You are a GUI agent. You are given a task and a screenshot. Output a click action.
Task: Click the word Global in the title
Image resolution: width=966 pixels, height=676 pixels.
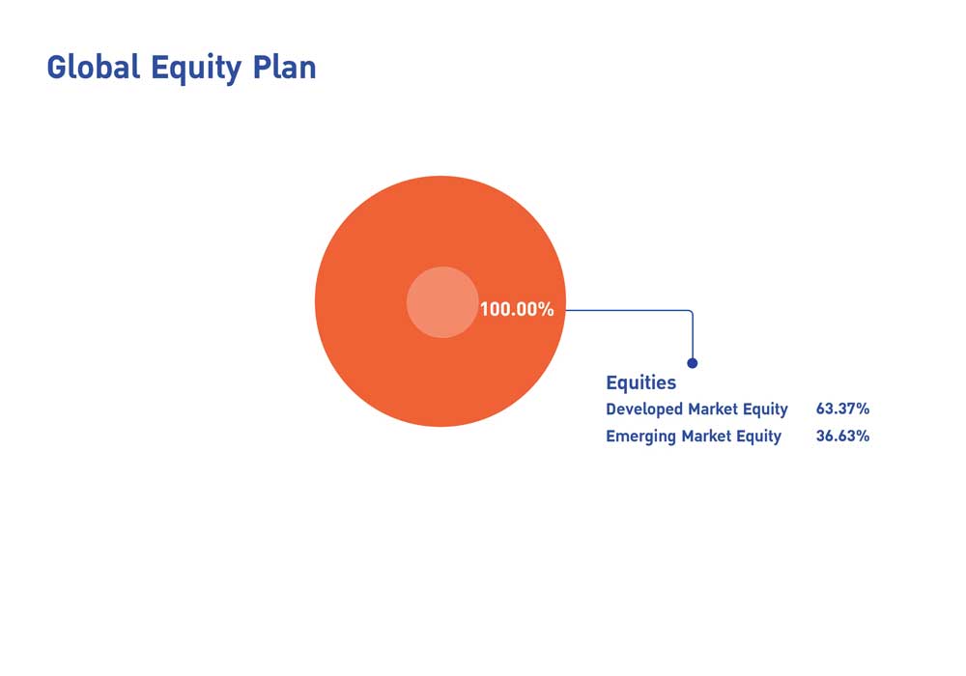(94, 67)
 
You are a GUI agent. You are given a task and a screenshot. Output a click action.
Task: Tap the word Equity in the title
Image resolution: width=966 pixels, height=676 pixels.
(196, 69)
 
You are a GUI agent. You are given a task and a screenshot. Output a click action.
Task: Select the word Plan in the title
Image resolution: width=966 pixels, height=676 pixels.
(284, 67)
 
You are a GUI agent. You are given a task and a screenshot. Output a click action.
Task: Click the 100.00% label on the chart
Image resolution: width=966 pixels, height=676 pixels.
(516, 309)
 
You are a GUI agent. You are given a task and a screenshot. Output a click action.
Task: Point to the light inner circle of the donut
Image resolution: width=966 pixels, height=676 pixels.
(442, 302)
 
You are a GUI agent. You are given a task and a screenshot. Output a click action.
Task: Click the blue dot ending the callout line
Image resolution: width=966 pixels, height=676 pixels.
(693, 363)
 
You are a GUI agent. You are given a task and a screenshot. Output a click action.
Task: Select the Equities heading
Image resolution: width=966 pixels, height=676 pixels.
(640, 383)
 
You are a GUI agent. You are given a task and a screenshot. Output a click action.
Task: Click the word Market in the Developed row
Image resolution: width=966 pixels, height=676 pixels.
(713, 409)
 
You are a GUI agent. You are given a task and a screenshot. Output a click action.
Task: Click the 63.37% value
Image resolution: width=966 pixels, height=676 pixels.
(842, 408)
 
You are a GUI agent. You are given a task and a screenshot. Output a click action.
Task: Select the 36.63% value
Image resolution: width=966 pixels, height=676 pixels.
(842, 436)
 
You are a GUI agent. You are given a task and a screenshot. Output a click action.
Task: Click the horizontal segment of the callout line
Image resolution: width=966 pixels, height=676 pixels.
(627, 310)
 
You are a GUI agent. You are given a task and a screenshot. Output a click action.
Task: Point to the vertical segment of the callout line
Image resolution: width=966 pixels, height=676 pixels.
(693, 336)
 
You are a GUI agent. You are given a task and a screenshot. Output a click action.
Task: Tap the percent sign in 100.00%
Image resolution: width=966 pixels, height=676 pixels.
(547, 309)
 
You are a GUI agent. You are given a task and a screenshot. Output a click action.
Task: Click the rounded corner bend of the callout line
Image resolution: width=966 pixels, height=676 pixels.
(692, 312)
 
